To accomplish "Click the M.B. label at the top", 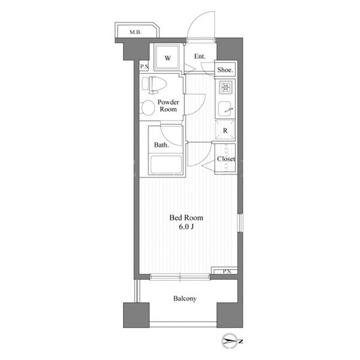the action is [x=135, y=32].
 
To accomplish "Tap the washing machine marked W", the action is [x=167, y=58].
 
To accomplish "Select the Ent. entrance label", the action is [x=200, y=56].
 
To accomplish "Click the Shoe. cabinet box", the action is [x=225, y=70].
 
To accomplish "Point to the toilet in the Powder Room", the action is [x=154, y=85].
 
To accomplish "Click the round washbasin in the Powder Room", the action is [x=148, y=108].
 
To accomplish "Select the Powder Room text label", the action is [x=168, y=106].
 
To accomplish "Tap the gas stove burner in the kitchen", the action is [x=225, y=87].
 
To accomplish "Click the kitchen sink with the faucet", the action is [x=225, y=109].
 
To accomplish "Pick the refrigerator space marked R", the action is [x=225, y=130].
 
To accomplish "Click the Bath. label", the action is [x=161, y=145].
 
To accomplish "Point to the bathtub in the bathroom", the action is [x=166, y=164].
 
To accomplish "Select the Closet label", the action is [x=226, y=159].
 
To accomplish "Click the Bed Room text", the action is [x=186, y=218].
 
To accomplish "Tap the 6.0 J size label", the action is [x=186, y=227].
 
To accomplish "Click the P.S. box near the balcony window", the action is [x=224, y=271].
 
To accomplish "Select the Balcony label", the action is [x=185, y=298].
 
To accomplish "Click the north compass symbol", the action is [x=232, y=341].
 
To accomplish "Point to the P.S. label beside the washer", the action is [x=145, y=67].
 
